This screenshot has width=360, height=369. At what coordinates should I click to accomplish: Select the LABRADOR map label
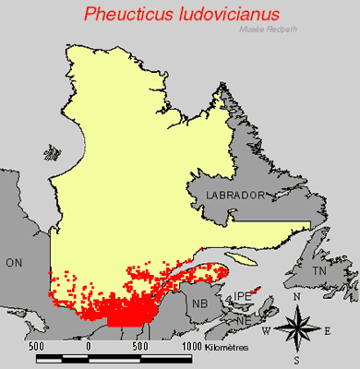(x=236, y=196)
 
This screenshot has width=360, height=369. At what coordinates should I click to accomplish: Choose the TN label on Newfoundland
(x=318, y=273)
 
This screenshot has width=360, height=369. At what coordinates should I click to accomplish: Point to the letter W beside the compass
(x=266, y=330)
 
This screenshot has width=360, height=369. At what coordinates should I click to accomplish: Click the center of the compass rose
(x=296, y=328)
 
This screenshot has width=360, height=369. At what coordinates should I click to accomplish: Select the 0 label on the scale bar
(x=89, y=345)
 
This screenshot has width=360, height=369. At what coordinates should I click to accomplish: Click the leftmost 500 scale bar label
(x=38, y=345)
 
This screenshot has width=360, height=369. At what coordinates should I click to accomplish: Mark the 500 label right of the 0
(x=140, y=345)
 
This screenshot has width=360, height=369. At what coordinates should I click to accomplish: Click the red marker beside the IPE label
(x=257, y=290)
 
